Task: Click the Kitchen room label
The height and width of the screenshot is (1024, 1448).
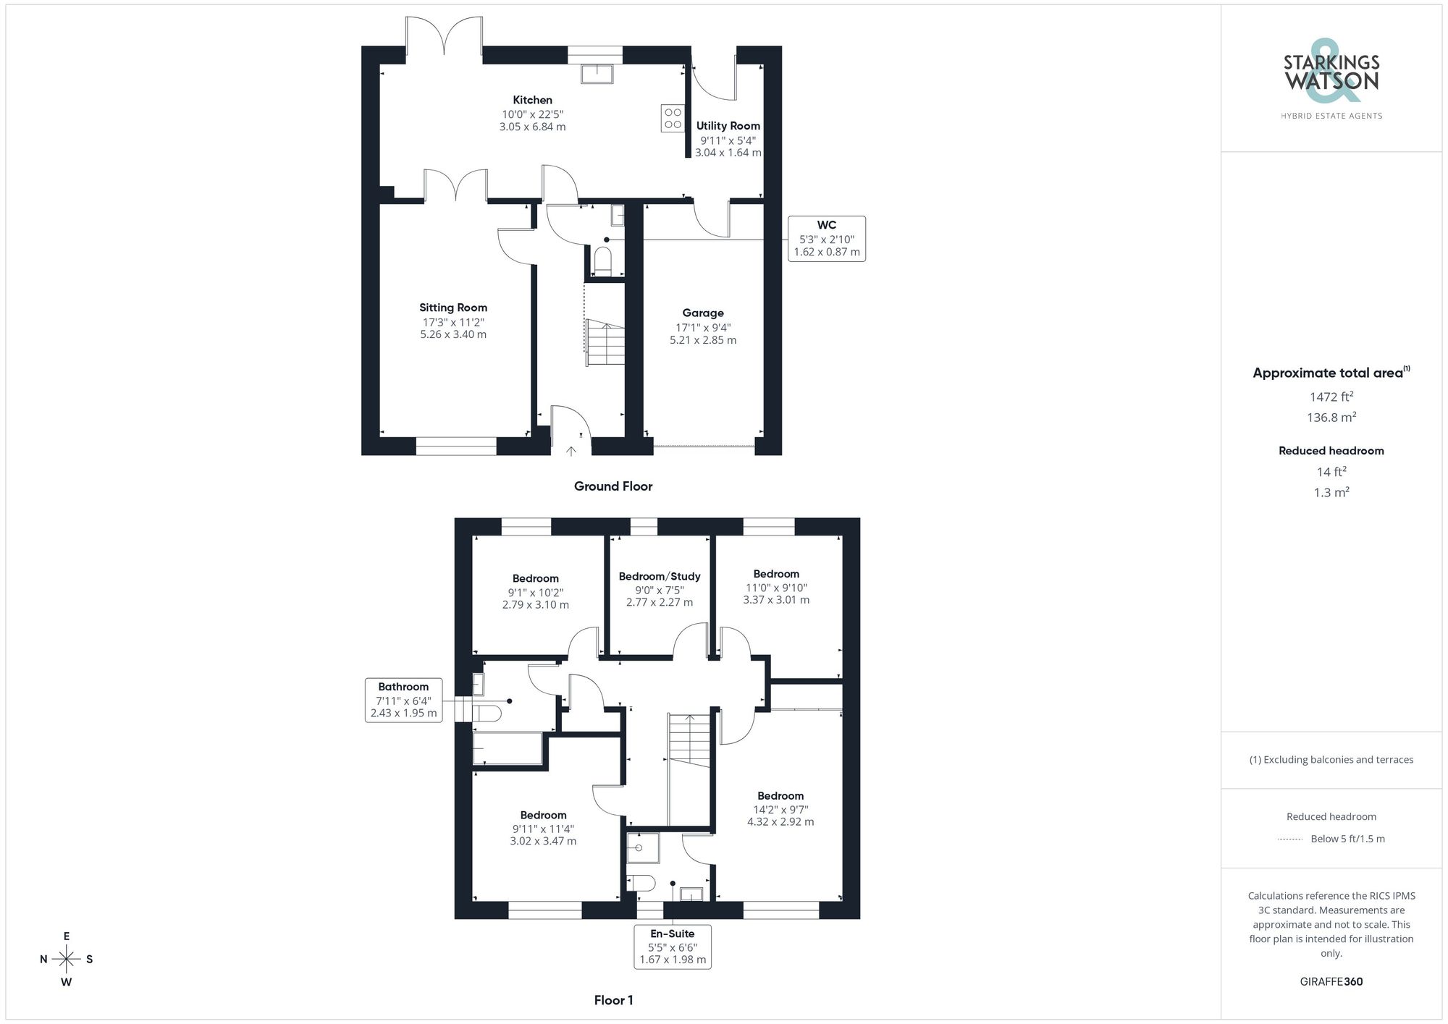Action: tap(532, 100)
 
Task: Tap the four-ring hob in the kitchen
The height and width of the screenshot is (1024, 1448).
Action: tap(673, 119)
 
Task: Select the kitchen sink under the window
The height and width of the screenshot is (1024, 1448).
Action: tap(597, 74)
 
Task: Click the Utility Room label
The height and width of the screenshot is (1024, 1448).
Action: tap(728, 126)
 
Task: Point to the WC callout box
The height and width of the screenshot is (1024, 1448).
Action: tap(826, 238)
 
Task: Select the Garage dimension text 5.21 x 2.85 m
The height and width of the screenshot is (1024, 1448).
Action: tap(702, 340)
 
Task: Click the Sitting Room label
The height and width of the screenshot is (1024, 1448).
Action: tap(452, 308)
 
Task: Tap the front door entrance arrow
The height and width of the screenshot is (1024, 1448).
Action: tap(571, 451)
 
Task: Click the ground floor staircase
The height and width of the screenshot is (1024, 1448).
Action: tap(605, 344)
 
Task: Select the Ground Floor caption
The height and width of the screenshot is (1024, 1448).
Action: tap(613, 486)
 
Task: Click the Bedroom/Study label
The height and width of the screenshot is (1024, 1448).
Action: tap(659, 577)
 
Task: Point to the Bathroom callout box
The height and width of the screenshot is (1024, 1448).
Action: tap(403, 700)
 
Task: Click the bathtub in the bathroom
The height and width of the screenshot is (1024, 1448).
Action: tap(507, 748)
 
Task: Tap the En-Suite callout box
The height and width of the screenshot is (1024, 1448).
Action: tap(672, 947)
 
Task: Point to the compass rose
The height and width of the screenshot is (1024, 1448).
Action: tap(66, 960)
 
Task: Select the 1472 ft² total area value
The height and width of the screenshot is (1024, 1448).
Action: tap(1331, 397)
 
